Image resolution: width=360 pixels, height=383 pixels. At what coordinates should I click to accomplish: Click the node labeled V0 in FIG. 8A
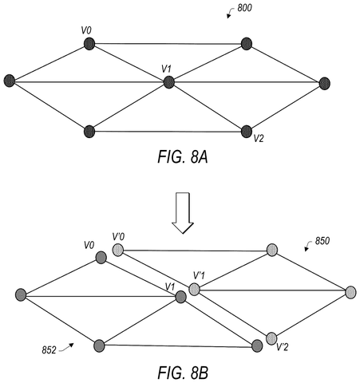[89, 44]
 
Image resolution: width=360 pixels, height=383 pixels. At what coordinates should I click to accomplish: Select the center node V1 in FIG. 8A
[169, 82]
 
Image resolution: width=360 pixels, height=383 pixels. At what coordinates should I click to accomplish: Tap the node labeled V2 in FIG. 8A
[247, 132]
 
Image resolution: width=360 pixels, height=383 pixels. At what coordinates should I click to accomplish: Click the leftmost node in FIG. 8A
[10, 81]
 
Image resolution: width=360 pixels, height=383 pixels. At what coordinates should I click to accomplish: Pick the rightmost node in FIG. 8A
[325, 84]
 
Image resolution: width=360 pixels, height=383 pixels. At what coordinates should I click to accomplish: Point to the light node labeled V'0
[118, 250]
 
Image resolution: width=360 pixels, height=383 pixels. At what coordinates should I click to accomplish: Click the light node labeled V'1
[195, 290]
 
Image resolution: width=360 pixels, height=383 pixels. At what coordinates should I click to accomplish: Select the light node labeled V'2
[271, 338]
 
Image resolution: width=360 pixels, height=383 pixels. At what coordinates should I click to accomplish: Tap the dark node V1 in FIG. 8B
[181, 297]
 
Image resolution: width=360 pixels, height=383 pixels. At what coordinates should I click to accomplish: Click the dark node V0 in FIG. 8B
[101, 258]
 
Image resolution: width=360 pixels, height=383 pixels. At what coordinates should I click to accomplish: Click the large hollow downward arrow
[183, 213]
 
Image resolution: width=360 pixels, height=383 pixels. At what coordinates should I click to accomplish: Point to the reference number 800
[244, 8]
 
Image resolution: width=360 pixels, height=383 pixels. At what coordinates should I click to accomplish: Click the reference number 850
[322, 241]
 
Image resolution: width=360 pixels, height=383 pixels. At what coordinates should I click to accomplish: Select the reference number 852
[49, 350]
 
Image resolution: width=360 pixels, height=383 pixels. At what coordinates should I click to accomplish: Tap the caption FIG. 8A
[183, 156]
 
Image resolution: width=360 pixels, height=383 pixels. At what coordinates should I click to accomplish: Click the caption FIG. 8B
[183, 373]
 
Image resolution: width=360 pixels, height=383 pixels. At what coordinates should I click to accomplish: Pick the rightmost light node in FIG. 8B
[350, 292]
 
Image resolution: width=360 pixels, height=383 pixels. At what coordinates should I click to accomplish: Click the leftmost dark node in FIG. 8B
[21, 295]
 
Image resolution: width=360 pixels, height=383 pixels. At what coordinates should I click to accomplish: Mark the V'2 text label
[283, 347]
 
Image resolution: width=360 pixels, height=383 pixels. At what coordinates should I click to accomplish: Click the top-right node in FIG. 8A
[247, 44]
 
